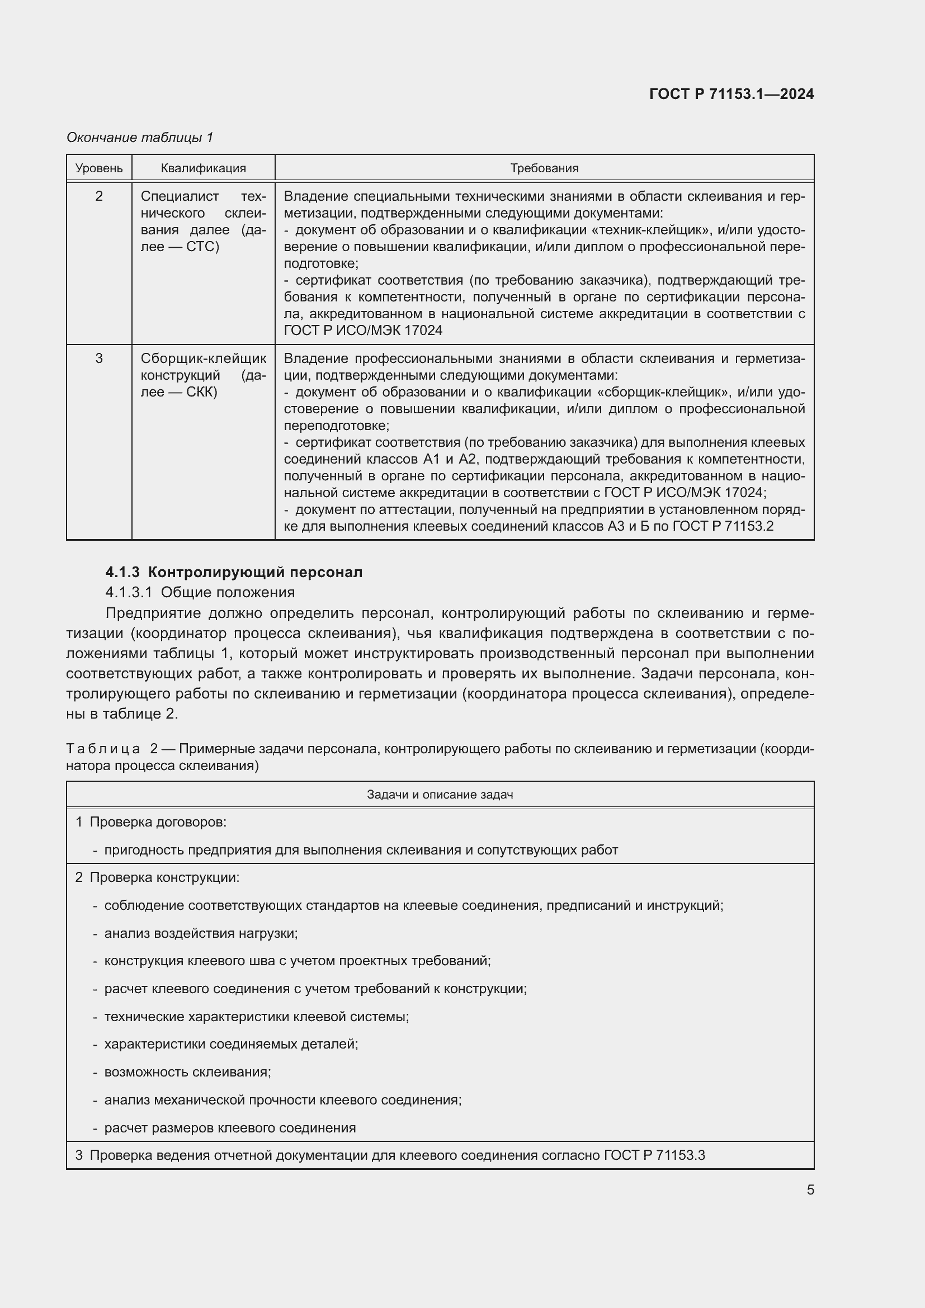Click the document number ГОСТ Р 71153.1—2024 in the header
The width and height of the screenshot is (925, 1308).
pos(731,94)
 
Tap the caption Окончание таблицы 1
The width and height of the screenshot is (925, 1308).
pos(140,138)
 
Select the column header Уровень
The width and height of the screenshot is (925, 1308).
pos(99,168)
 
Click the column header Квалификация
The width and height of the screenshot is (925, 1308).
pos(204,168)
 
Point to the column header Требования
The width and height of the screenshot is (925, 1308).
pos(544,168)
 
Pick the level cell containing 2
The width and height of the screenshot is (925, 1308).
pos(99,196)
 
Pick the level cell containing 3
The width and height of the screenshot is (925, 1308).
pos(99,358)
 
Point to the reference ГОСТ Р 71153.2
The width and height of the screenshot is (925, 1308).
pos(723,526)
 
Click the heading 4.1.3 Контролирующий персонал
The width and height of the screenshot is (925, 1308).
pos(234,572)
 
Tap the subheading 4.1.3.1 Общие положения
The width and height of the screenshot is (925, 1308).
pos(200,592)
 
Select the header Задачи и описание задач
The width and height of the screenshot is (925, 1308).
pos(440,794)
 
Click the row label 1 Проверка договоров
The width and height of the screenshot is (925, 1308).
pos(151,822)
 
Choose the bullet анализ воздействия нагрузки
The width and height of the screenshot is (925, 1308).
pos(201,933)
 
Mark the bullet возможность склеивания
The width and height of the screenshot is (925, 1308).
pos(187,1072)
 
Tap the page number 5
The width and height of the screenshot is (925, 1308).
pos(810,1190)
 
